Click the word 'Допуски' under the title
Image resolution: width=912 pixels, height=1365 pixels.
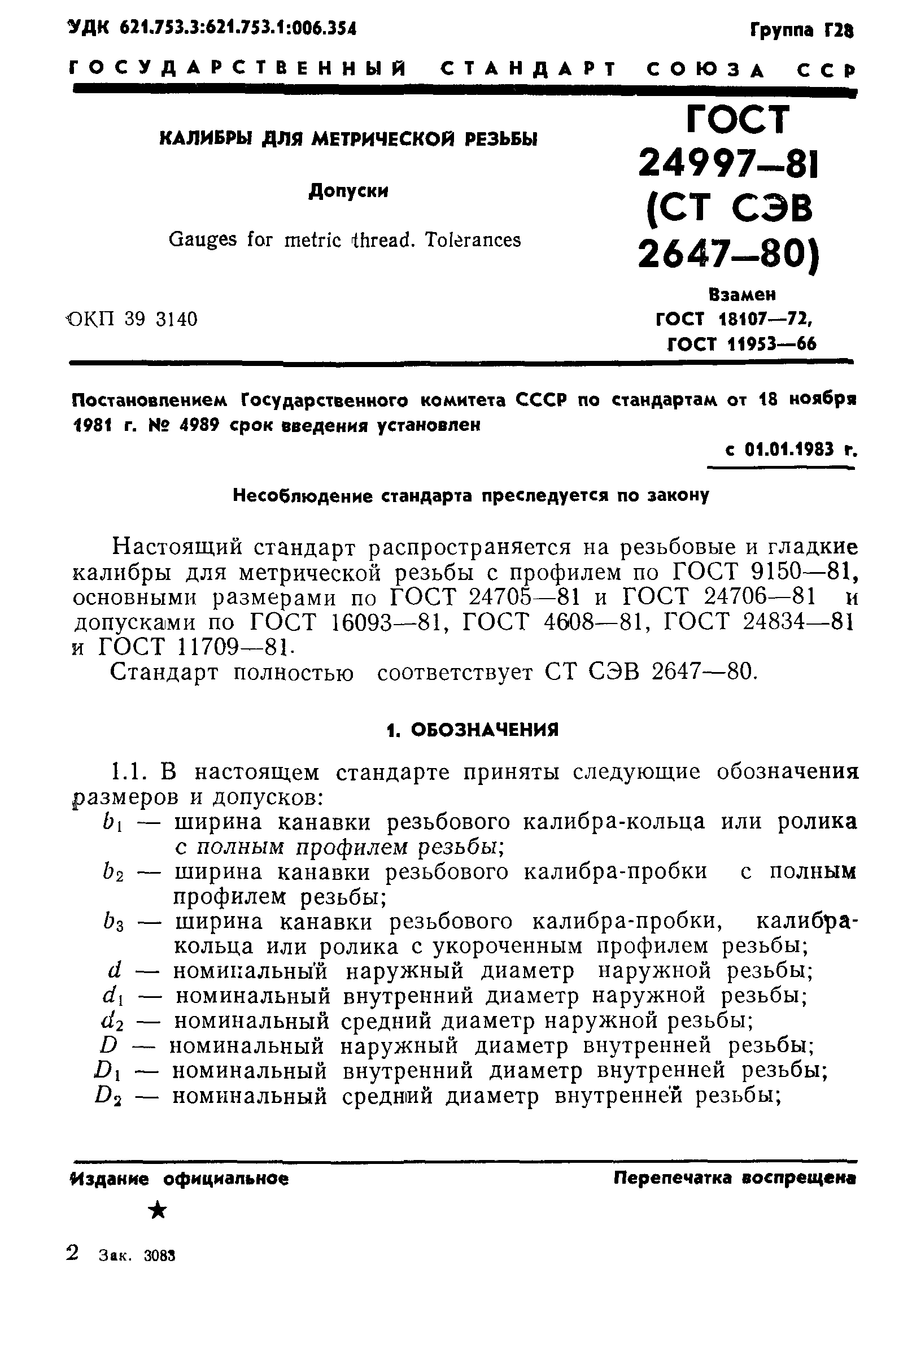click(348, 191)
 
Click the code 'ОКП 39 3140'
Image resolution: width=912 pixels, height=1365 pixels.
click(132, 319)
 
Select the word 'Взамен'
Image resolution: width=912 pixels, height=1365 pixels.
click(742, 295)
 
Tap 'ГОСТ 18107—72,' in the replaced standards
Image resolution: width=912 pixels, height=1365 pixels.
click(734, 319)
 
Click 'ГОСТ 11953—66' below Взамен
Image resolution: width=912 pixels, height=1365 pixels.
click(741, 344)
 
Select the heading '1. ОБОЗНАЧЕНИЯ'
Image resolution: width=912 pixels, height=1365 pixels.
click(472, 729)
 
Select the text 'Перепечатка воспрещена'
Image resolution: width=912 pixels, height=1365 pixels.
click(734, 1178)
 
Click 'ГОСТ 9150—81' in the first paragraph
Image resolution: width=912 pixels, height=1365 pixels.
click(763, 573)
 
